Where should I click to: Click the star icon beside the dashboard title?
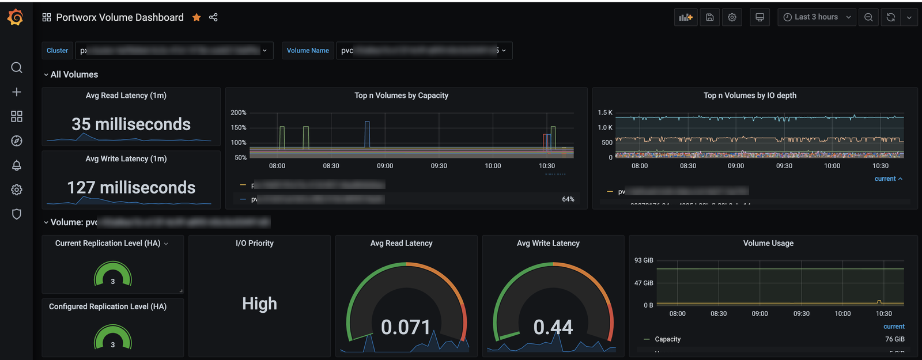point(197,17)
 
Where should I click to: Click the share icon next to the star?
point(213,17)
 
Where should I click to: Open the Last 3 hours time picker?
point(817,17)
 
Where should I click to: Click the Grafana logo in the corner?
point(16,17)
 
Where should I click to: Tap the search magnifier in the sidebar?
point(17,67)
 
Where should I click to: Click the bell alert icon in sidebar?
point(17,165)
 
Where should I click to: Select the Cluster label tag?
point(57,51)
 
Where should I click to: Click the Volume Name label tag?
point(308,51)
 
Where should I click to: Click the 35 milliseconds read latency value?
point(131,124)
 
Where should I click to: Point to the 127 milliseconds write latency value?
point(131,187)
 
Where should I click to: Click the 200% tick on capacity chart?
point(239,112)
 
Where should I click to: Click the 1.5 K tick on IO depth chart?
point(605,112)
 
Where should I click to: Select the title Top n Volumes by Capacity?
point(401,96)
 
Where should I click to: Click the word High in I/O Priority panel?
point(259,304)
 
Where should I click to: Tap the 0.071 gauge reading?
point(406,327)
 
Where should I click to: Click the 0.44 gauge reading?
point(553,327)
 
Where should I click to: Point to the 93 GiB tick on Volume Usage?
point(644,260)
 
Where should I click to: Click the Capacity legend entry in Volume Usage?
point(667,339)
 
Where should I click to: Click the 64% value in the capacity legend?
point(568,199)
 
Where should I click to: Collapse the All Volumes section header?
point(74,74)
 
